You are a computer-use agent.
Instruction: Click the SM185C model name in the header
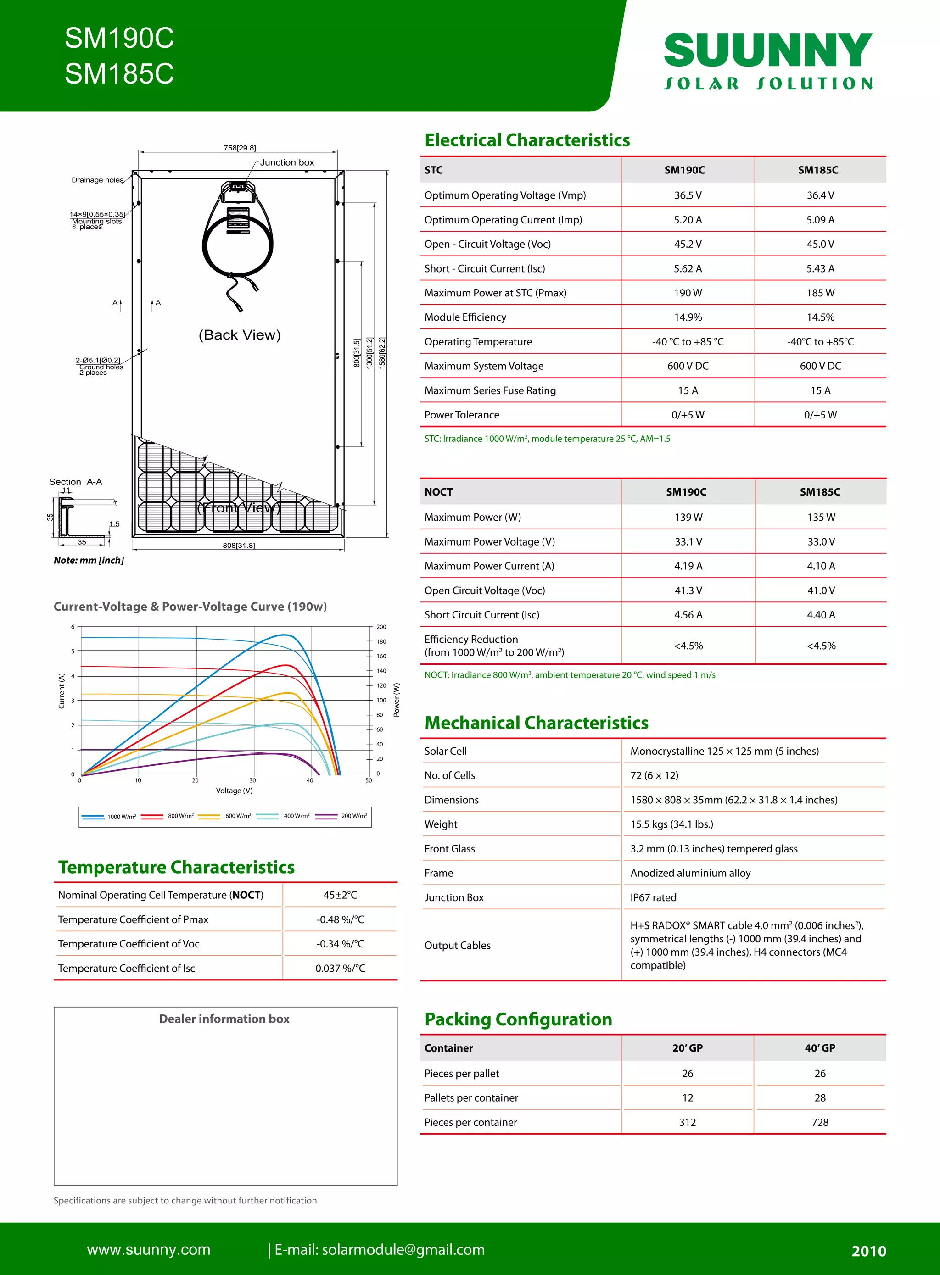pos(119,74)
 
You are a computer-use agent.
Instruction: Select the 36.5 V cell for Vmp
pos(688,195)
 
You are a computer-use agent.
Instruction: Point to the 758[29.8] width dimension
pos(240,148)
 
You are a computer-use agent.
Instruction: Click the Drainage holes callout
pos(97,180)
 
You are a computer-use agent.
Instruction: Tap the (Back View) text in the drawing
pos(240,335)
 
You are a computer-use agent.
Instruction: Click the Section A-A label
pos(76,482)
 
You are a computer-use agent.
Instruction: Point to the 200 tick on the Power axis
pos(380,627)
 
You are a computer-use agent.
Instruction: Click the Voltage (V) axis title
pos(234,791)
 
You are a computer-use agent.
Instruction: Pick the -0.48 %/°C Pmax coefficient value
pos(340,919)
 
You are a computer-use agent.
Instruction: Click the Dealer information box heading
pos(224,1019)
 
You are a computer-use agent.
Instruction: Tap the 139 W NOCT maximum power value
pos(688,517)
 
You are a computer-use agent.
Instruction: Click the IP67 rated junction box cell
pos(653,897)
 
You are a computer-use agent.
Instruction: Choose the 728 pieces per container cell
pos(819,1122)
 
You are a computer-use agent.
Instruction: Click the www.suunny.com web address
pos(149,1249)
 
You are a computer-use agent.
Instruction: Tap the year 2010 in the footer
pos(868,1251)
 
